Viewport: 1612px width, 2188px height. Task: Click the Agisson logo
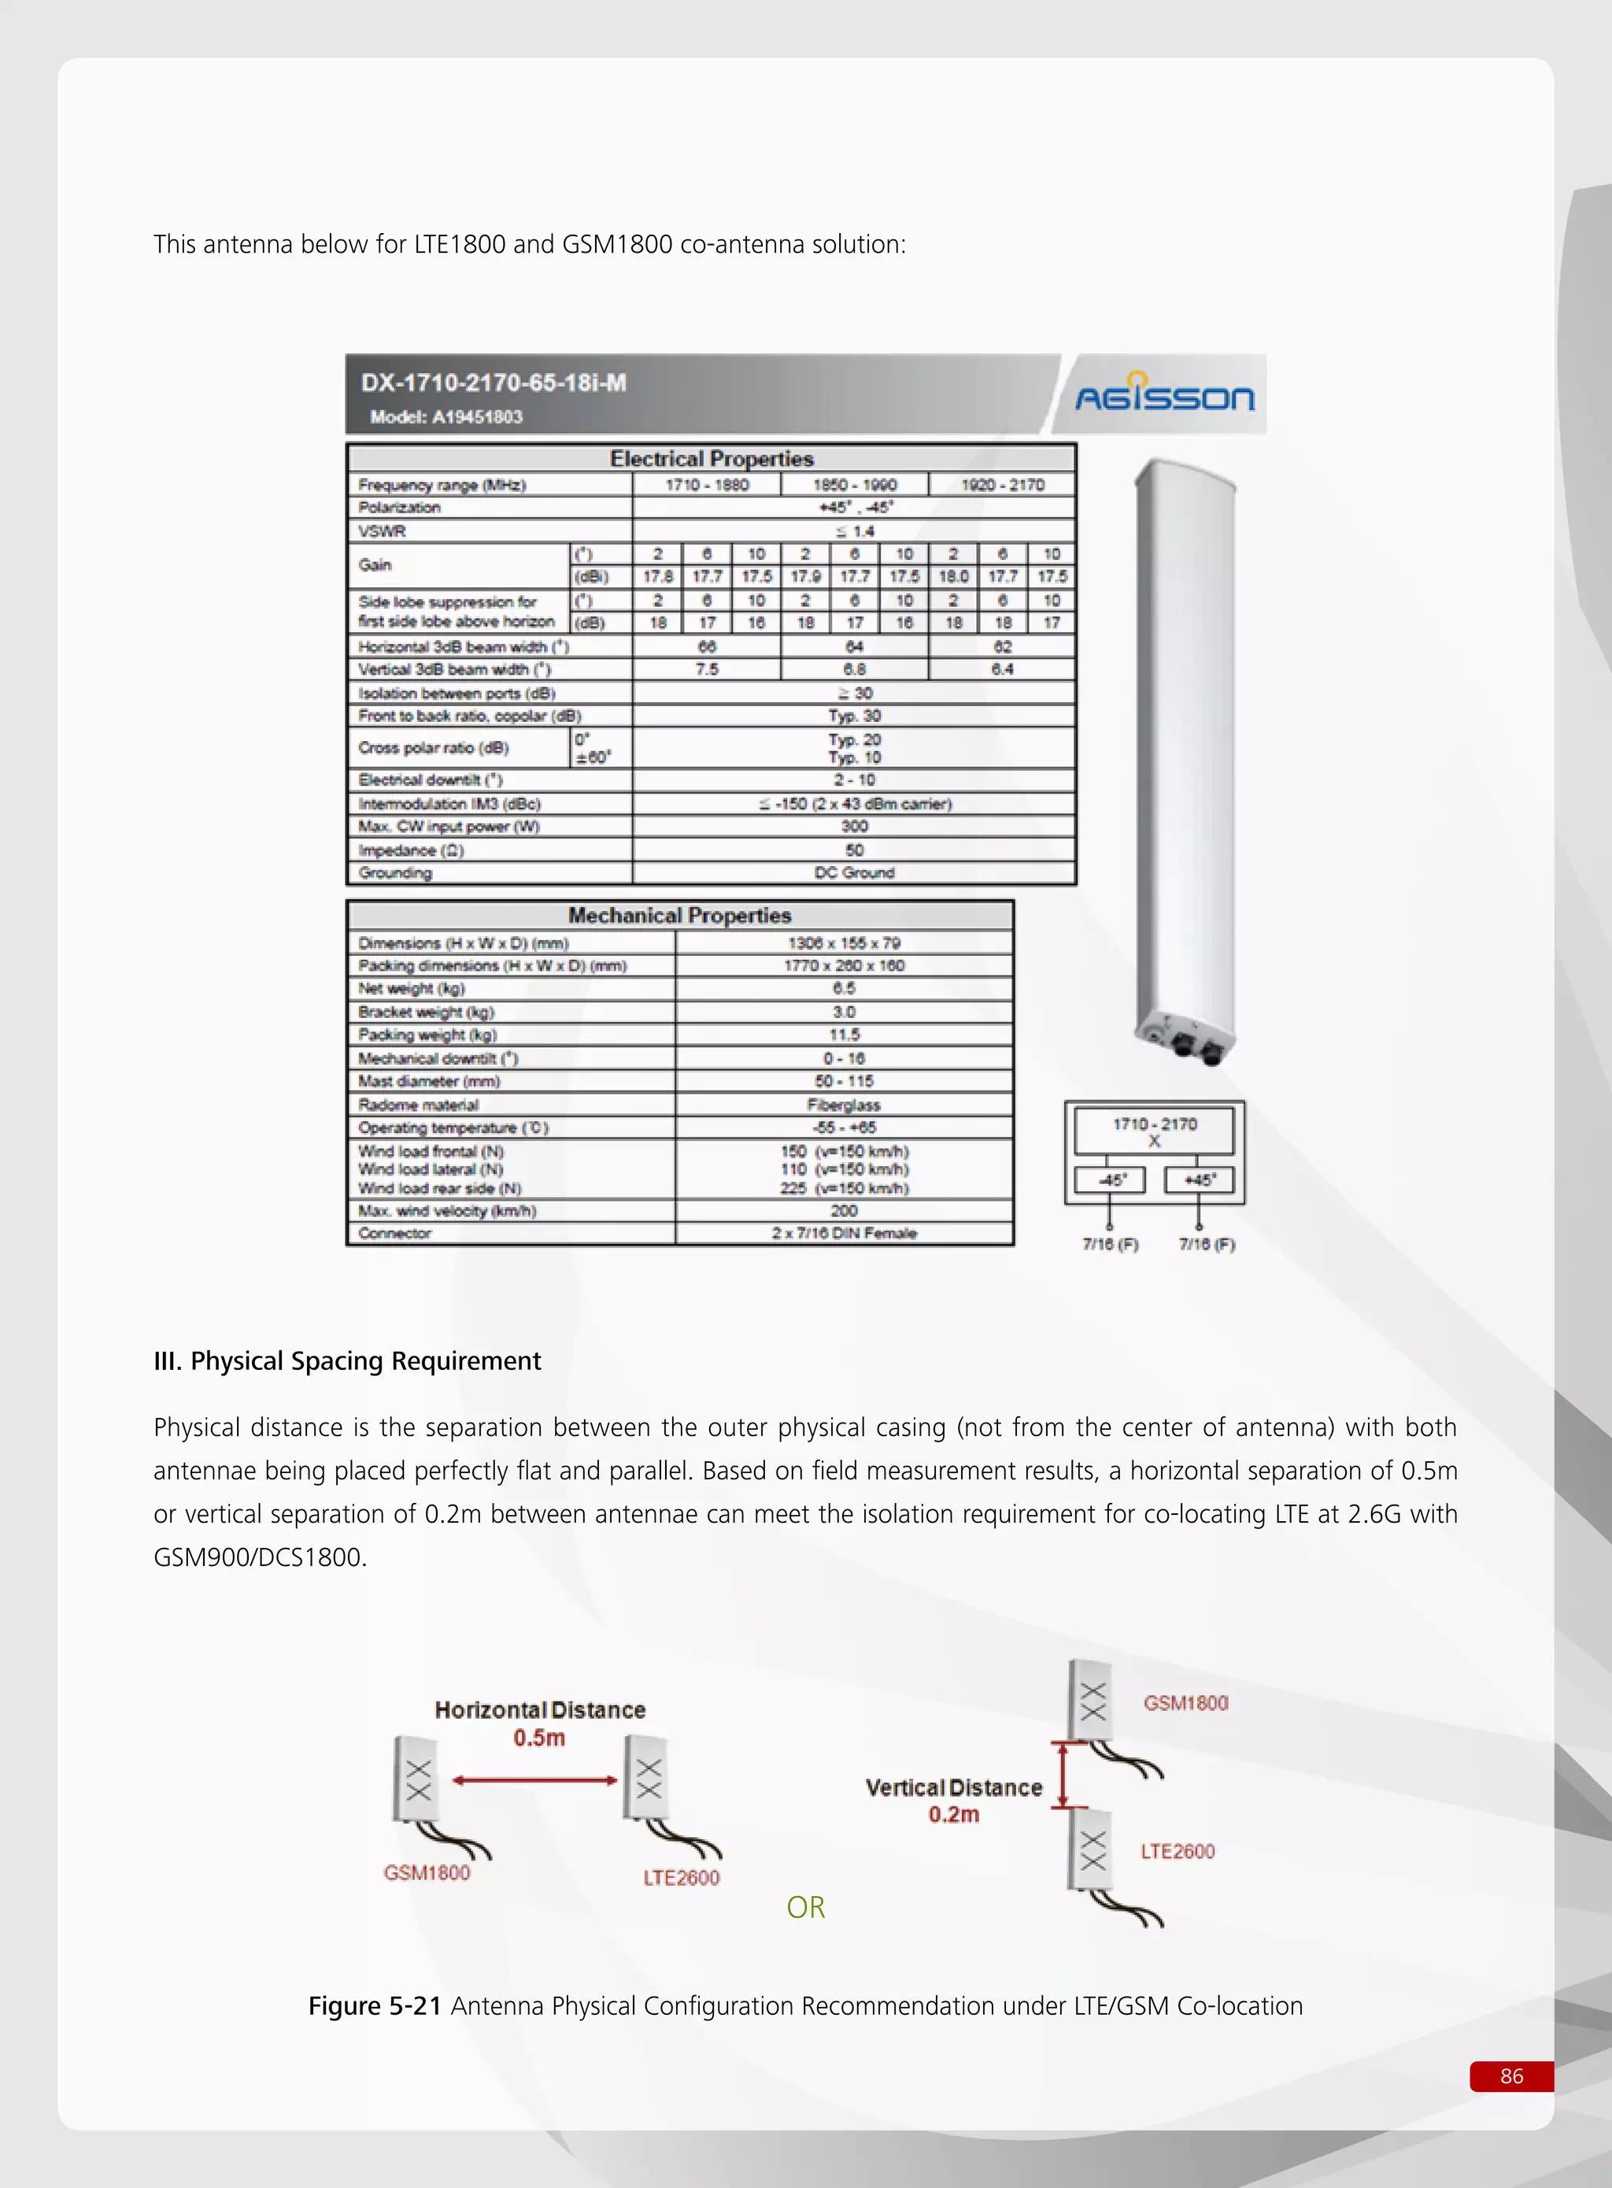(1164, 395)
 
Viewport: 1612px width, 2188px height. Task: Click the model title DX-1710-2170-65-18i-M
(494, 383)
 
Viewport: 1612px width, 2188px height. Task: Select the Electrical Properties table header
(712, 459)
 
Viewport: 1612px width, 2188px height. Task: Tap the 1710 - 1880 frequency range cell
(708, 485)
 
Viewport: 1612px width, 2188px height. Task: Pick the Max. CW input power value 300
(854, 827)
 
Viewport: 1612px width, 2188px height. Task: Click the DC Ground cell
(854, 872)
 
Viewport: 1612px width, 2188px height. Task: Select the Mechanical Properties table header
(679, 916)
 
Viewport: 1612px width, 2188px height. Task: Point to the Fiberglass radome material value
(843, 1105)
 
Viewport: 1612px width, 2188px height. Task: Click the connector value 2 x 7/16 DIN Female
(843, 1234)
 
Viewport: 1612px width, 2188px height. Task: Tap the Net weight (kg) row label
(411, 989)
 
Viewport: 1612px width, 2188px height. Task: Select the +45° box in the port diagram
(1200, 1180)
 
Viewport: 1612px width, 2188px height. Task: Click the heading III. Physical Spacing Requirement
(346, 1361)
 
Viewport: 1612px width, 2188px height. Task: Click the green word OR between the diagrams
(805, 1907)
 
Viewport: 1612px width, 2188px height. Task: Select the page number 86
(1510, 2075)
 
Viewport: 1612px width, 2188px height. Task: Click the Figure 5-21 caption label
(375, 2006)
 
